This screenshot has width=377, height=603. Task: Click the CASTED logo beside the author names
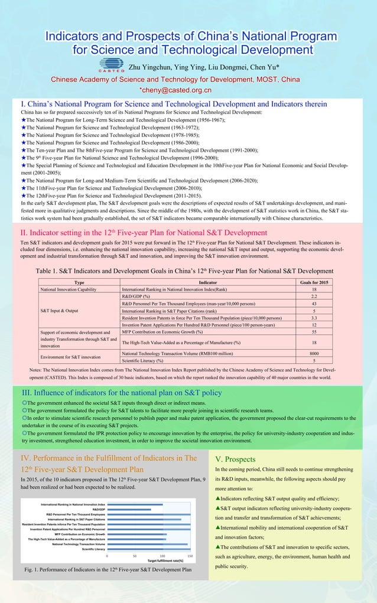point(112,65)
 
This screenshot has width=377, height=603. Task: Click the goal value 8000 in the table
point(314,353)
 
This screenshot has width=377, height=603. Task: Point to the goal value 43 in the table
point(314,303)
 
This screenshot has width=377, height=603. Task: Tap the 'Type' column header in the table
point(79,282)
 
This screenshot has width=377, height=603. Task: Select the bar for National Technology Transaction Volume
point(147,544)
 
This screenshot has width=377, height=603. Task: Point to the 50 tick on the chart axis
point(135,556)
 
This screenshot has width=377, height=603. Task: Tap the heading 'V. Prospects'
point(235,459)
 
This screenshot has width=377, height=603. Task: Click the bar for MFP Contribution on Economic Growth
point(136,534)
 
